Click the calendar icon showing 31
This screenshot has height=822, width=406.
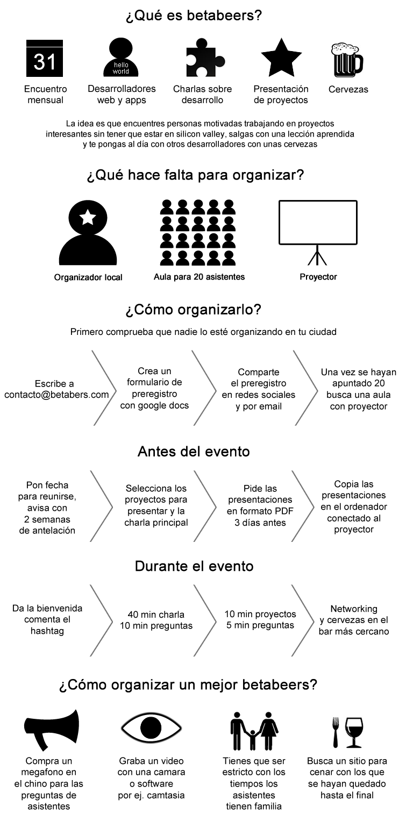(x=45, y=59)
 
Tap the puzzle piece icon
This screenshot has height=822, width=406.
(x=204, y=57)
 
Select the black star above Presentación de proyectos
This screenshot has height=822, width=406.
(x=281, y=58)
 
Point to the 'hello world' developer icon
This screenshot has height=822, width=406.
(x=121, y=57)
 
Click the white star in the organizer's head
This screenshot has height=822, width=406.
(x=88, y=217)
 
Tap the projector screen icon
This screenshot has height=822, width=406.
(x=318, y=232)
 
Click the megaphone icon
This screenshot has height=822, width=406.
(x=52, y=730)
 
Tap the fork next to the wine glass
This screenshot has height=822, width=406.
(x=336, y=732)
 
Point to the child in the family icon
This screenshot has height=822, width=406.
(x=253, y=739)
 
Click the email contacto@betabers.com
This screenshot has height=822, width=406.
(x=56, y=395)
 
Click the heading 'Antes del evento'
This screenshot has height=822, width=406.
(x=194, y=452)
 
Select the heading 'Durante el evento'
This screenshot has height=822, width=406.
(x=194, y=566)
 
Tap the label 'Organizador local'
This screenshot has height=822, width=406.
(x=88, y=277)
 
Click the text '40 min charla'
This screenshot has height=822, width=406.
(x=156, y=614)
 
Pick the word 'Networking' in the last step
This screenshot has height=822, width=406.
(x=354, y=609)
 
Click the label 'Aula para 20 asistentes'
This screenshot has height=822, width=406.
(x=200, y=277)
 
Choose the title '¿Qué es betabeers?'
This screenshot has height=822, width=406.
(x=194, y=16)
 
